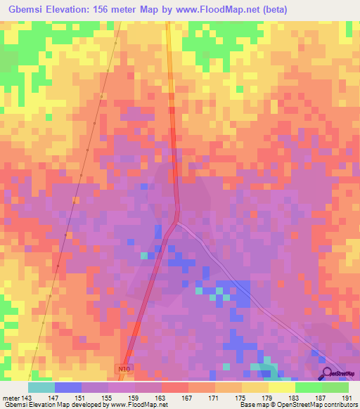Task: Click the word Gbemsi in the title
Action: pyautogui.click(x=25, y=10)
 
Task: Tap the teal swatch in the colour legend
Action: pyautogui.click(x=41, y=387)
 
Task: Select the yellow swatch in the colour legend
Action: pyautogui.click(x=282, y=387)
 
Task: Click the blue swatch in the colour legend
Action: pyautogui.click(x=68, y=387)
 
